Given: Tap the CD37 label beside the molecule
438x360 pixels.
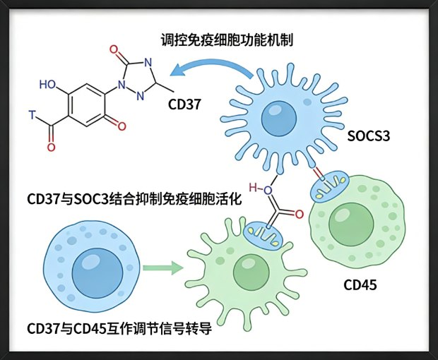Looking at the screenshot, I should click(185, 105).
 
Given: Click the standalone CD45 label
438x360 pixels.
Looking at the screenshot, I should click(360, 286).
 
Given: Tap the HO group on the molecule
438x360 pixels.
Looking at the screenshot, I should click(49, 85).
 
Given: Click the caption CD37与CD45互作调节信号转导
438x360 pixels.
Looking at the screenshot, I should click(119, 328).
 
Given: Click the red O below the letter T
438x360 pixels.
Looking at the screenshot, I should click(51, 147).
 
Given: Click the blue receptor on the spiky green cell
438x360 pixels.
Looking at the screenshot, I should click(264, 230).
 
